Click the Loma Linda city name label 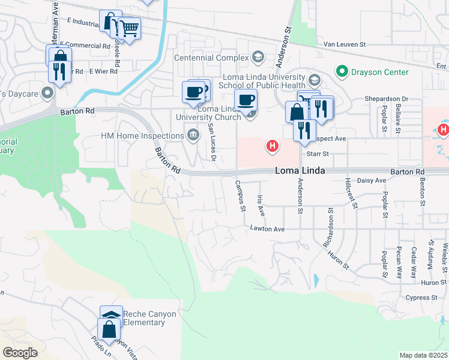300,171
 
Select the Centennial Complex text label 211,58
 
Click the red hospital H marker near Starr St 273,145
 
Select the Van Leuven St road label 345,44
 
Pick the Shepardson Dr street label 386,99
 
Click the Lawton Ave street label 267,229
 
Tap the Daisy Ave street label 372,181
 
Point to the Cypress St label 421,298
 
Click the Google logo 20,353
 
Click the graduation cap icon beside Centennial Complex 258,58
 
